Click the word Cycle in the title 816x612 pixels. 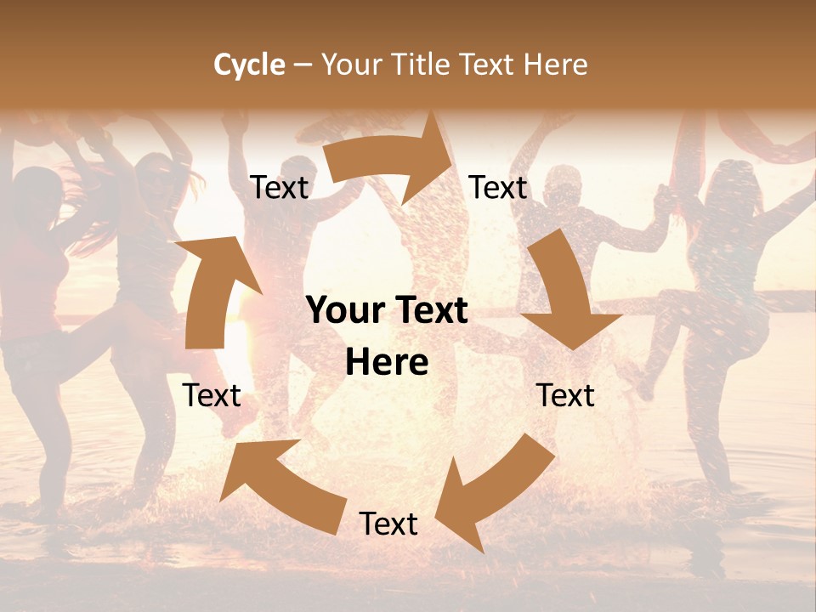pos(249,65)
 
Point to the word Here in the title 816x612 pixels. pos(556,65)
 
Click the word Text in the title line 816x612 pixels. pos(489,65)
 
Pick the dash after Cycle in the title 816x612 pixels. pos(303,65)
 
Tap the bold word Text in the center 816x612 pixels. pos(430,311)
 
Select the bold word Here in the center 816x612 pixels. pos(387,363)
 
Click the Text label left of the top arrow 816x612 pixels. pos(279,188)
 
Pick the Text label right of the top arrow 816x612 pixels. pos(498,188)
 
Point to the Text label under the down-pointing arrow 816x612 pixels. pos(565,395)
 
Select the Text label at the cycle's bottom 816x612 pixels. pos(388,524)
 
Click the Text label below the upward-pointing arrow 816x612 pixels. pos(212,395)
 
